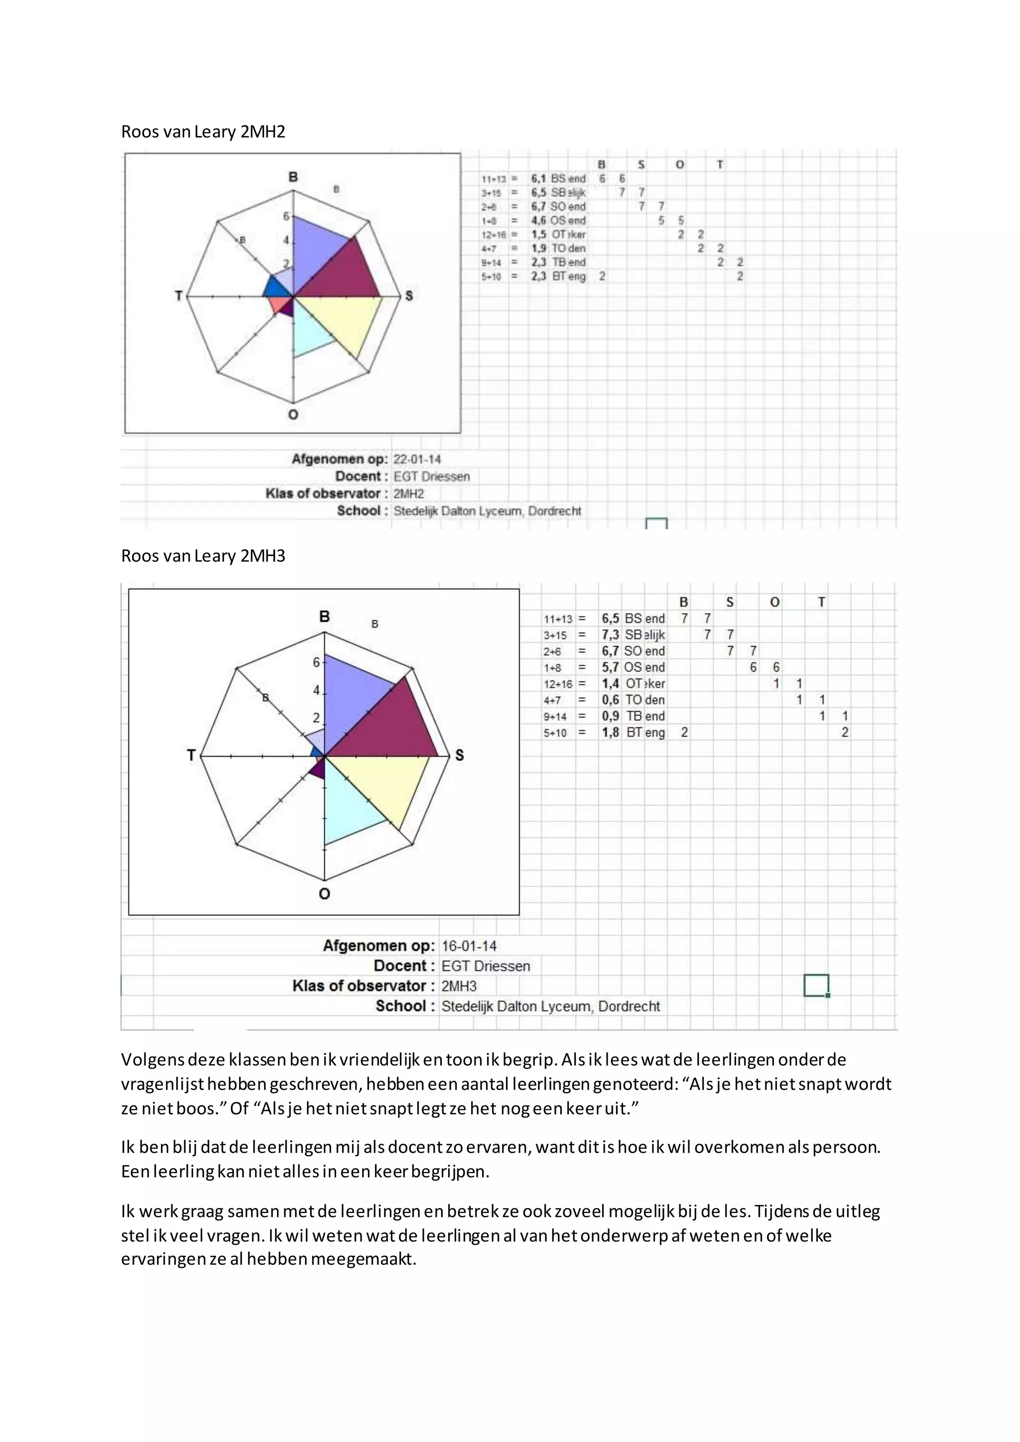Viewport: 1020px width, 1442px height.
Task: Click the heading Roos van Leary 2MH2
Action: coord(203,132)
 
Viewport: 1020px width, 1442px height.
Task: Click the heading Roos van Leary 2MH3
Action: coord(203,556)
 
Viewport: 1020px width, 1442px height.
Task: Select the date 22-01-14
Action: coord(416,459)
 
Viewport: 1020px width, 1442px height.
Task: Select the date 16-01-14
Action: coord(469,946)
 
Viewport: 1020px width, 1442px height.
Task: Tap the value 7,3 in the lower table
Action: coord(610,635)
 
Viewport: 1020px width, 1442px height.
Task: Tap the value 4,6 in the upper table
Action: coord(538,221)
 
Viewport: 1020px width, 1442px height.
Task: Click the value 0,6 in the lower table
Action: coord(610,700)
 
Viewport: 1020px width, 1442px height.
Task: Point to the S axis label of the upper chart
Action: coord(409,295)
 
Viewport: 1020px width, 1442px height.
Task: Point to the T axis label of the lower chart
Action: coord(191,755)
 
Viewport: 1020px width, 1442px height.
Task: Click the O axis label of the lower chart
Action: coord(324,893)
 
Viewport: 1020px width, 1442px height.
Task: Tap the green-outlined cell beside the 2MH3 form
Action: coord(816,985)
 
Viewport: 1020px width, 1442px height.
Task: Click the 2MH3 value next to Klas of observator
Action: coord(459,986)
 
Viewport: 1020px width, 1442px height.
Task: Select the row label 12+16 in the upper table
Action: coord(494,234)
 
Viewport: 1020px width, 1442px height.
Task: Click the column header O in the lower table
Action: coord(774,601)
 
